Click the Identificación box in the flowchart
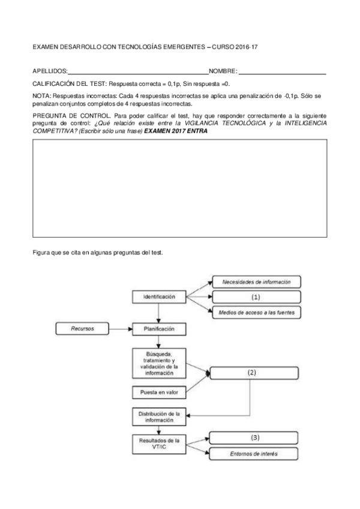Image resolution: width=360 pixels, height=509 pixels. pos(159,297)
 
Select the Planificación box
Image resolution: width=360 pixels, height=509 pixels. pos(159,329)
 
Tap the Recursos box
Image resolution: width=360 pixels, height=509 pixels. pos(82,329)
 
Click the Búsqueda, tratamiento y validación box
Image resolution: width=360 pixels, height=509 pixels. pos(159,362)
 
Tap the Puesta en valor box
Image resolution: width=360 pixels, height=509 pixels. pos(159,393)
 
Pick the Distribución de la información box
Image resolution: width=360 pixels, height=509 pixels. pos(159,417)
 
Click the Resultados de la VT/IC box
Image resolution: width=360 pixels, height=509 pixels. pos(159,445)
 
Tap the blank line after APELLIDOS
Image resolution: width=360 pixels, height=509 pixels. pos(138,71)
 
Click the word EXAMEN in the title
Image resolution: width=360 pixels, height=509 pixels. pos(45,46)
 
